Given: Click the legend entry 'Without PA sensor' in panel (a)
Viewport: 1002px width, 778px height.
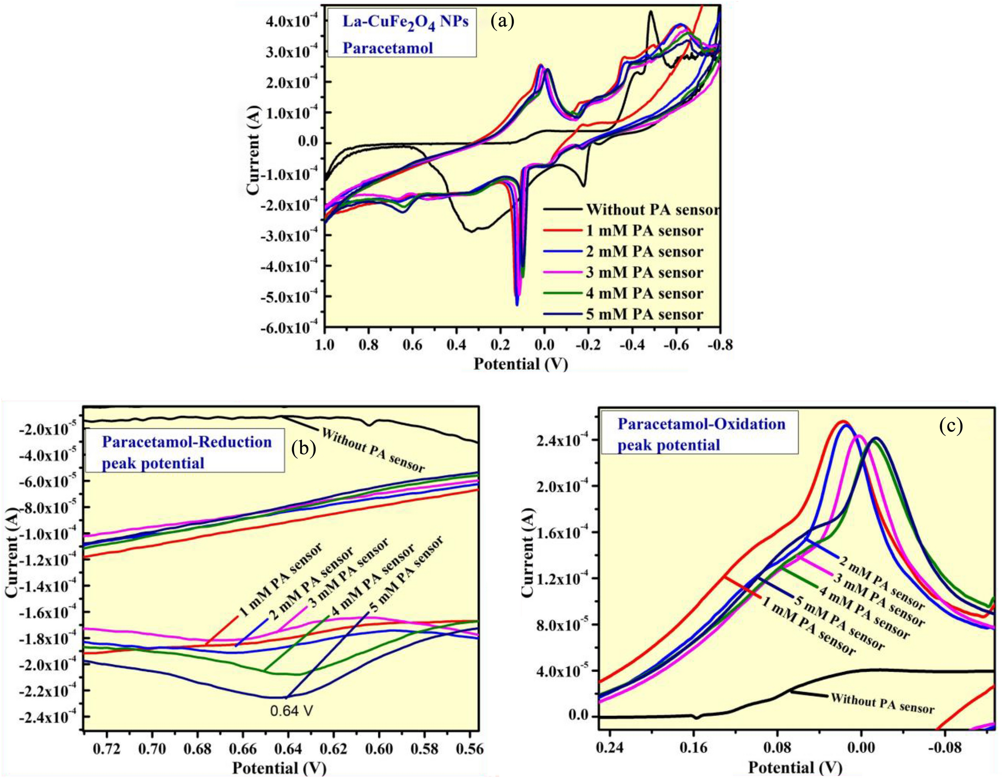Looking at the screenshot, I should click(x=652, y=210).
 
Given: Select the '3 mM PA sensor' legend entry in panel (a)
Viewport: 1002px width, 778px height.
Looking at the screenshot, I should click(x=644, y=273).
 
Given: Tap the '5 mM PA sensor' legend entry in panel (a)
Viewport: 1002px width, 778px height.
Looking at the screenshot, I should click(x=644, y=315).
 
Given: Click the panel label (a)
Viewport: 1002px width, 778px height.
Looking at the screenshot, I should click(x=502, y=21).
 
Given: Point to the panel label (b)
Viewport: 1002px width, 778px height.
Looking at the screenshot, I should click(x=304, y=448).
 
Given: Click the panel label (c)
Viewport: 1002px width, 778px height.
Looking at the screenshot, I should click(x=951, y=425).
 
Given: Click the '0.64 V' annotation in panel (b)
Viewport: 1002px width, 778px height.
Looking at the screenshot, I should click(x=292, y=710).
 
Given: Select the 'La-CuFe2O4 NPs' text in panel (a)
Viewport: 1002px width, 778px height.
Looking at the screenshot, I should click(x=405, y=22).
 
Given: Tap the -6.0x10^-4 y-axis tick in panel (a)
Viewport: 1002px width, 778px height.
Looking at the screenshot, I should click(x=289, y=328).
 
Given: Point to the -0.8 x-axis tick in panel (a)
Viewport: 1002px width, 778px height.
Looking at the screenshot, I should click(x=719, y=345).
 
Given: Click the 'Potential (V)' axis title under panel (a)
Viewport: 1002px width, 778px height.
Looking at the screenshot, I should click(x=521, y=364).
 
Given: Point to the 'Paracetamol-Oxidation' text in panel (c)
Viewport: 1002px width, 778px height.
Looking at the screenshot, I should click(x=701, y=424).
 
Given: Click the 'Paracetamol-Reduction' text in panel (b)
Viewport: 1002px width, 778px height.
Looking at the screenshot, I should click(x=187, y=442).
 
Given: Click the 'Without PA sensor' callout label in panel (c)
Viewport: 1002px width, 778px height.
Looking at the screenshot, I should click(x=882, y=703).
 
